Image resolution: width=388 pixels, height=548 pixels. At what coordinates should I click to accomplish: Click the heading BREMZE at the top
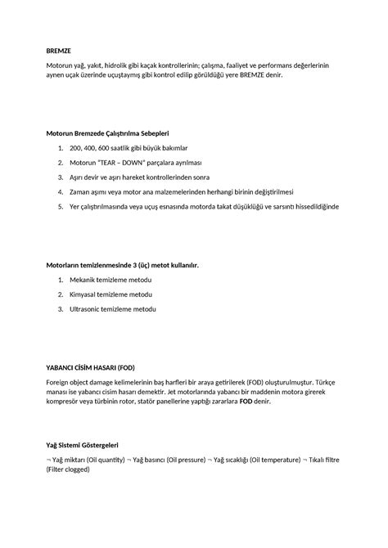(59, 50)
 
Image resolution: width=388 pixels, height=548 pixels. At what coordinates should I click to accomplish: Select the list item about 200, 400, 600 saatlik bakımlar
(124, 147)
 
